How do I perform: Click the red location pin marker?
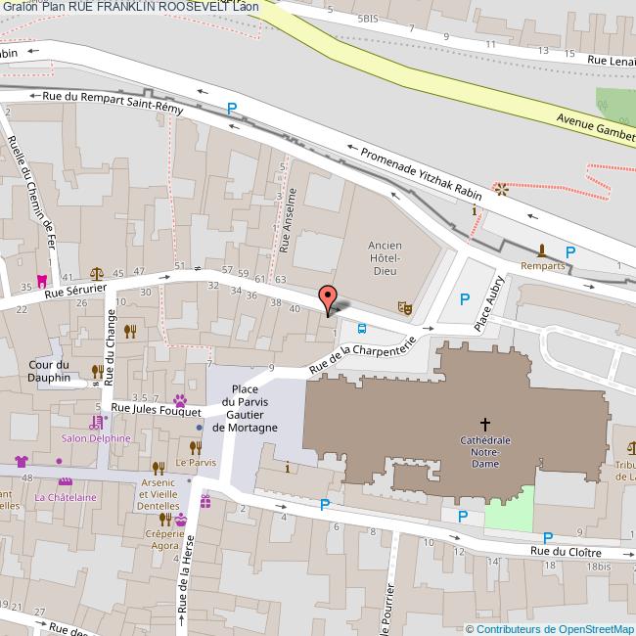pos(329,297)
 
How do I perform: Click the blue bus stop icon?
pos(362,329)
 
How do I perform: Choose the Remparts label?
pos(543,265)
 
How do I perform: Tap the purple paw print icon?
pos(181,399)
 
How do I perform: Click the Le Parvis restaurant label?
pos(195,461)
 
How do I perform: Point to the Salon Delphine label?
pos(94,437)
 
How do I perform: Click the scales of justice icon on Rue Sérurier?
pos(96,274)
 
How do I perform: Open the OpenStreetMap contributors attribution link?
pos(555,628)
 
